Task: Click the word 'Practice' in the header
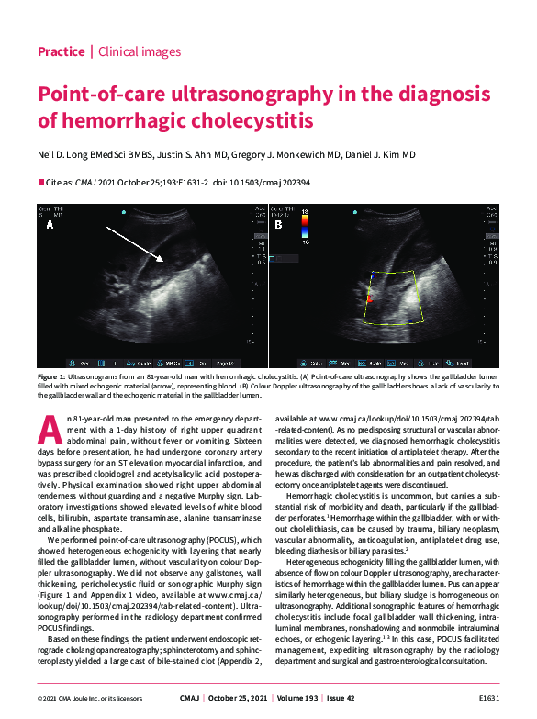(61, 51)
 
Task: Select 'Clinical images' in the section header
(139, 51)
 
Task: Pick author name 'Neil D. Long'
(67, 155)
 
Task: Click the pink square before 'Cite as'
(40, 182)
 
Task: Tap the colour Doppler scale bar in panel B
(304, 227)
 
